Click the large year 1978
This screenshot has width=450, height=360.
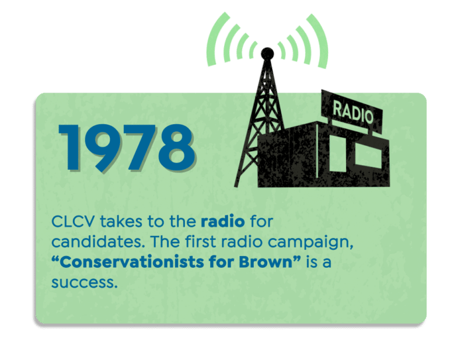[x=127, y=148]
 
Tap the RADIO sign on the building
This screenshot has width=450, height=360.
[x=353, y=112]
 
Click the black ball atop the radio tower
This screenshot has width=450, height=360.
[x=267, y=54]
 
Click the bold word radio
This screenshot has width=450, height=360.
[x=223, y=221]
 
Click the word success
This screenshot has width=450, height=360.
[x=85, y=282]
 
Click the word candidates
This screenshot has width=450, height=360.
[x=98, y=242]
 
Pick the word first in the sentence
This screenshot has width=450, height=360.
[x=200, y=241]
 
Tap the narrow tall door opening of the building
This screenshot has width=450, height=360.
[x=338, y=153]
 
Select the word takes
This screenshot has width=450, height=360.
[x=121, y=222]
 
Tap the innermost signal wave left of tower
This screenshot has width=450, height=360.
[x=253, y=50]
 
